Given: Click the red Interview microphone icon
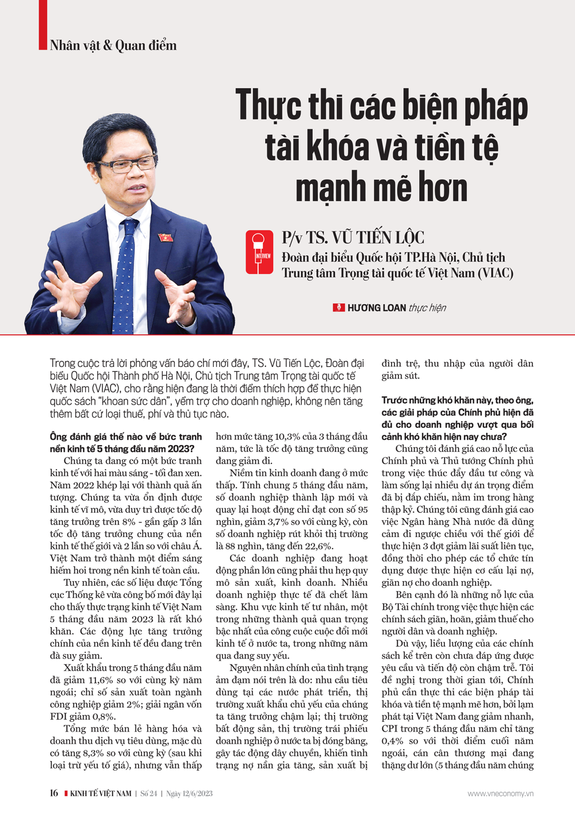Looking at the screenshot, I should (259, 252).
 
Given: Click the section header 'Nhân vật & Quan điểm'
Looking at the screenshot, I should (113, 45).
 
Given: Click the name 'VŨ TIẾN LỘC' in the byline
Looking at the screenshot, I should (390, 238).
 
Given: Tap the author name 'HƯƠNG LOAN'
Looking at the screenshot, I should (377, 308).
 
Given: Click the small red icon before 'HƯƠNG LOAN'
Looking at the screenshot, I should (339, 308).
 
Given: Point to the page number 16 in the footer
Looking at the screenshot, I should (53, 793).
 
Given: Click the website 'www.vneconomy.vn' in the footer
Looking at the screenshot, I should (500, 794).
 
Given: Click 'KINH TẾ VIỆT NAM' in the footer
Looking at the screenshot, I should (100, 794).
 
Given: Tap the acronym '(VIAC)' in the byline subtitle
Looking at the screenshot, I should (495, 273).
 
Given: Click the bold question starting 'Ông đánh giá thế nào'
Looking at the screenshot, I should (125, 443).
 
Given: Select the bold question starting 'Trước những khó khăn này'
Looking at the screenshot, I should (457, 418).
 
